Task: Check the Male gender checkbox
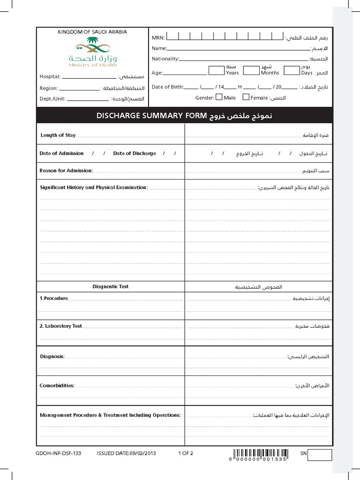[x=218, y=97]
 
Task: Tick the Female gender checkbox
[x=246, y=97]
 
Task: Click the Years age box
[x=216, y=70]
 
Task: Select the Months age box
[x=251, y=70]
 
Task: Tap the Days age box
[x=292, y=70]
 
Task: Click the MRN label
[x=157, y=37]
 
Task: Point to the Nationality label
[x=165, y=59]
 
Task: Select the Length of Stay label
[x=58, y=135]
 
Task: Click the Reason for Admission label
[x=67, y=171]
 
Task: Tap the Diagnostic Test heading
[x=111, y=286]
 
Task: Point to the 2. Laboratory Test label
[x=61, y=326]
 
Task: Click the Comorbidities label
[x=57, y=385]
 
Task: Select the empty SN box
[x=320, y=455]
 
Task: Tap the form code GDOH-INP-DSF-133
[x=58, y=453]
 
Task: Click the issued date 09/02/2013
[x=126, y=453]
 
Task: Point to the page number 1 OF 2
[x=186, y=453]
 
